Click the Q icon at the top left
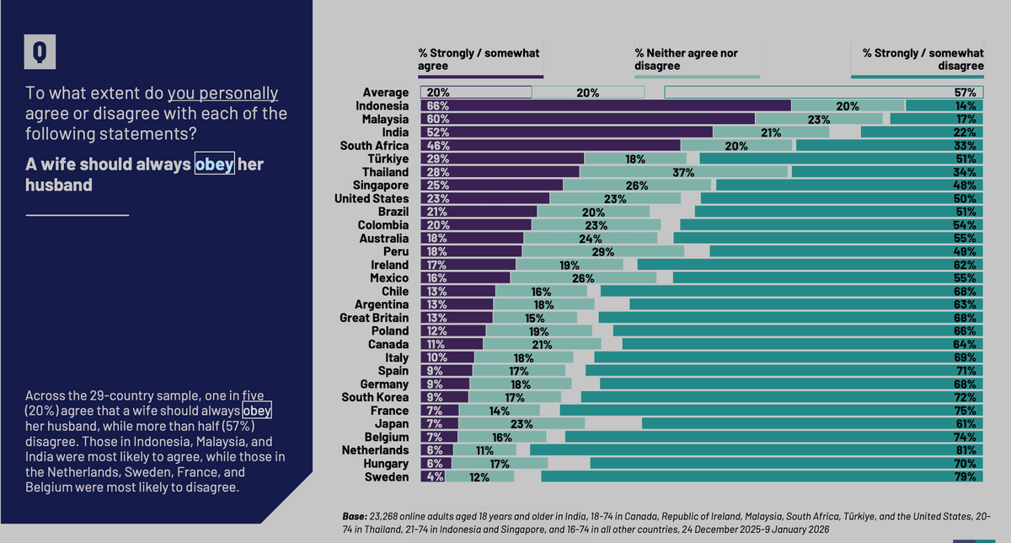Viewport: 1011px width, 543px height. (40, 52)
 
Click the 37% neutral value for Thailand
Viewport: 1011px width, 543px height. (683, 172)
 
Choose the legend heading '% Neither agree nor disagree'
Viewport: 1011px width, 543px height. (687, 59)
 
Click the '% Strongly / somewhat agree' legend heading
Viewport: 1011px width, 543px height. (479, 59)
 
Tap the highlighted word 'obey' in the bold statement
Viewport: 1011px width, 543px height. (214, 164)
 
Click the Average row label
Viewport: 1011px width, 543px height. (386, 93)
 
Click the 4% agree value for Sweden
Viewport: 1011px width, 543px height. (436, 476)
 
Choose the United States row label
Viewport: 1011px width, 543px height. (372, 198)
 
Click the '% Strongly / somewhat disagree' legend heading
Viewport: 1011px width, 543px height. (923, 59)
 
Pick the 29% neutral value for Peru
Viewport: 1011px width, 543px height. (603, 251)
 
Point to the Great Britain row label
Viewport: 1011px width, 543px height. (374, 318)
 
